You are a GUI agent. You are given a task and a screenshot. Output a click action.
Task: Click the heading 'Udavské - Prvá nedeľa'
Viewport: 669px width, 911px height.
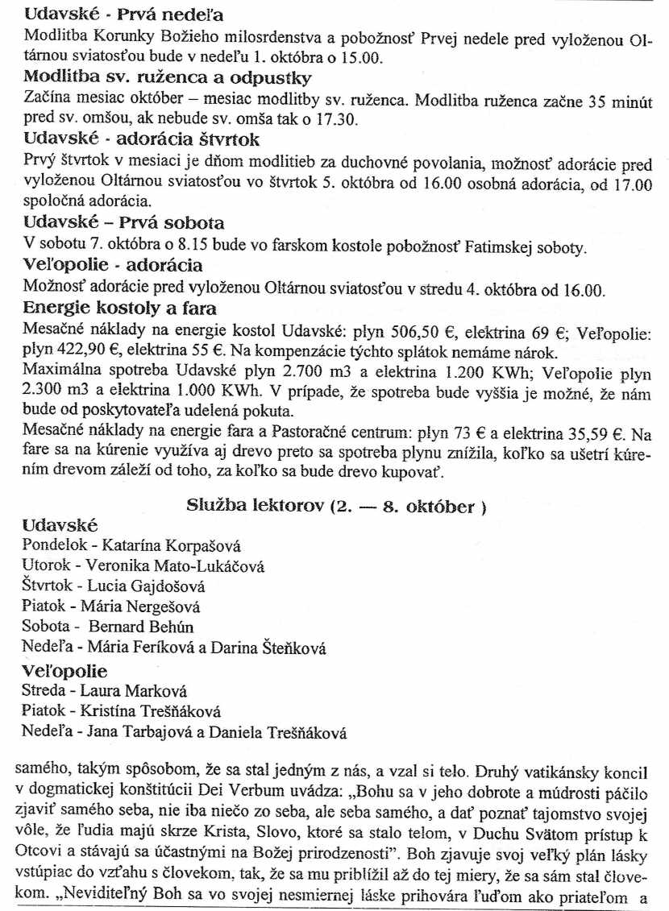pyautogui.click(x=124, y=15)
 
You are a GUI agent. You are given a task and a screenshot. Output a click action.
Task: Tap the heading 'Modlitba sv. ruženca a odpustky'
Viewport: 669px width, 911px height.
pyautogui.click(x=168, y=78)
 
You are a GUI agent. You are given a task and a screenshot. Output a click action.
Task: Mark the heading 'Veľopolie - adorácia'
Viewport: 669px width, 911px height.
pyautogui.click(x=113, y=265)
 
